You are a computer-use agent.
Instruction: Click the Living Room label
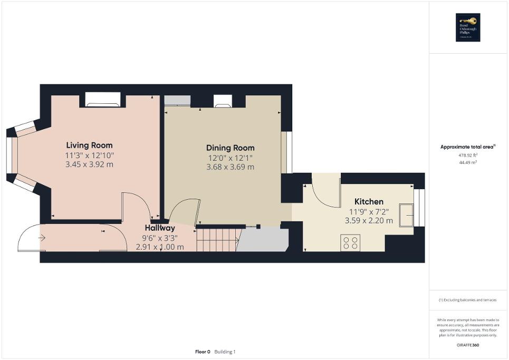(x=89, y=145)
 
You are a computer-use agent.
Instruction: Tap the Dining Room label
(x=230, y=148)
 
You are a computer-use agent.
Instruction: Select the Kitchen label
(x=369, y=201)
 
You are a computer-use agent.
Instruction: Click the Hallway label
(x=160, y=228)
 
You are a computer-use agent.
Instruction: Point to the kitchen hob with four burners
(x=350, y=244)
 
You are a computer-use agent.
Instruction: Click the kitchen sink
(x=407, y=215)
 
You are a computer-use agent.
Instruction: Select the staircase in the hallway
(x=217, y=240)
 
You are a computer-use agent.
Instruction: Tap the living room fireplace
(x=103, y=99)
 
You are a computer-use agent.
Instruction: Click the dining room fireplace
(x=222, y=101)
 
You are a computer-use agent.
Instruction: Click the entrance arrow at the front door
(x=42, y=238)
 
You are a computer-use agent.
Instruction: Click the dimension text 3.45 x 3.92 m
(x=89, y=164)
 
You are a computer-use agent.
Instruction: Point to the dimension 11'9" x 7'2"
(x=369, y=211)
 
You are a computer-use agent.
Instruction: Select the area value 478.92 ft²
(x=469, y=155)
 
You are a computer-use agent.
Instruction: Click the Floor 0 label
(x=202, y=352)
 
